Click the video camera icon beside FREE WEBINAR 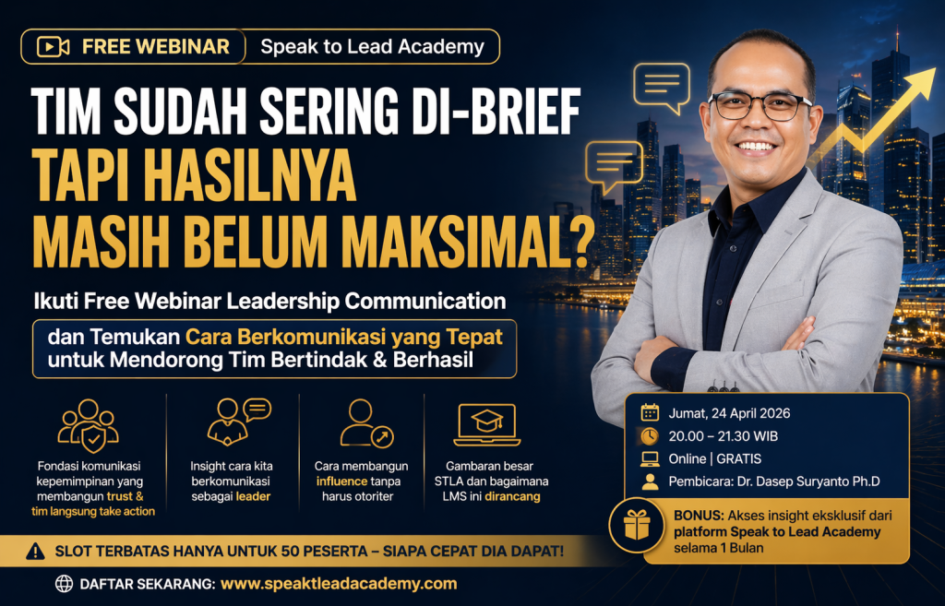pos(53,46)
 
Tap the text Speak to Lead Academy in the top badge pos(373,46)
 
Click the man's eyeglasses pos(760,106)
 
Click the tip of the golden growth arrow pos(935,70)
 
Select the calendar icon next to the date pos(650,412)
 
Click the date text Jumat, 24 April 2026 pos(729,413)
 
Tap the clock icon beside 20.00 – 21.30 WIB pos(650,435)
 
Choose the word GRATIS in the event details pos(739,459)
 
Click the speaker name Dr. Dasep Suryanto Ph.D pos(808,481)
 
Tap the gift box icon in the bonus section pos(637,525)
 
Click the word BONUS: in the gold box pos(699,516)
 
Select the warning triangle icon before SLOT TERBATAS pos(36,551)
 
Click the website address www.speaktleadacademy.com pos(339,584)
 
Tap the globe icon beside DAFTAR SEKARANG pos(64,584)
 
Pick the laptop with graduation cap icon pos(487,424)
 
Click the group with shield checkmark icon pos(89,425)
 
